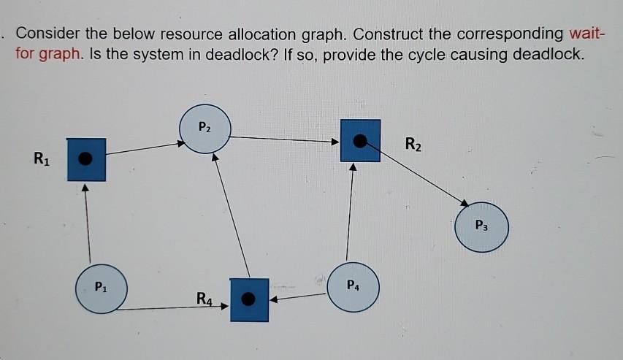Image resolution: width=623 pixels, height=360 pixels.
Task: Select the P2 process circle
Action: coord(205,129)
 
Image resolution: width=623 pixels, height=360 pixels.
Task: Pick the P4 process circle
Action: coord(353,286)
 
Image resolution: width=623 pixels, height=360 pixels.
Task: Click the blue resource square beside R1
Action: coord(86,158)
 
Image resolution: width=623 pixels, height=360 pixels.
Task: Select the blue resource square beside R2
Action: coord(359,140)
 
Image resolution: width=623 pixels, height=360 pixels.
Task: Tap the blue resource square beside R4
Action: coord(249,299)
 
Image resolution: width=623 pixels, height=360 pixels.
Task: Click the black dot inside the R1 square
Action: coord(86,158)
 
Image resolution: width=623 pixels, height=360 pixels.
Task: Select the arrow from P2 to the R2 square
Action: coord(285,138)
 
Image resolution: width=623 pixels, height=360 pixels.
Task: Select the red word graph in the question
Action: coord(61,55)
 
